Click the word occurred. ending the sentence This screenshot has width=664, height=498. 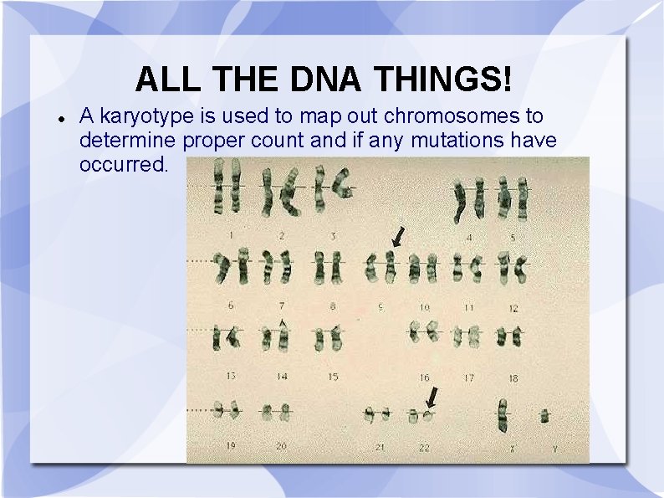point(123,164)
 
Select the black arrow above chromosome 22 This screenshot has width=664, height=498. point(432,395)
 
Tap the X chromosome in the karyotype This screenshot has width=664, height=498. point(503,413)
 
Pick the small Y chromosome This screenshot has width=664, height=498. point(544,414)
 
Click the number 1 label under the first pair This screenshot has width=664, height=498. point(230,235)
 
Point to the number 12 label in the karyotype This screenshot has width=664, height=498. point(513,309)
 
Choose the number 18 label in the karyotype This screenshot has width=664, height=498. point(513,378)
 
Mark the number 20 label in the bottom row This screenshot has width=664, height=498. point(281,446)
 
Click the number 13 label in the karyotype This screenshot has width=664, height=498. point(230,377)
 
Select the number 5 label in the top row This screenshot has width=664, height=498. point(513,238)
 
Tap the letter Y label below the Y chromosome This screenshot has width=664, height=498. point(553,448)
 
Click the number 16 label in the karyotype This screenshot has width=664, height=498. point(424,378)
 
